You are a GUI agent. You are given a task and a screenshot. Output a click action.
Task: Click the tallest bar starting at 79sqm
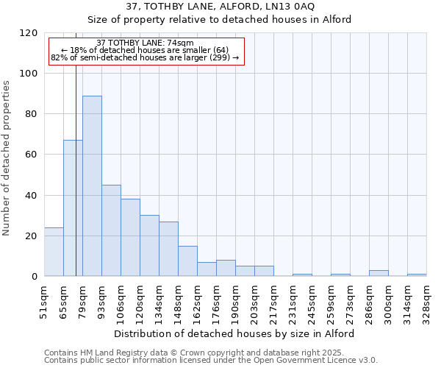tap(92, 185)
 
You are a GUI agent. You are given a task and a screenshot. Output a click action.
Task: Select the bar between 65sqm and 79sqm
tap(73, 208)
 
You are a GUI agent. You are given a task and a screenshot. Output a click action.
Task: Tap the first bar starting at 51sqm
tap(54, 252)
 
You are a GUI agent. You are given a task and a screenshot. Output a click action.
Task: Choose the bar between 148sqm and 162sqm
tap(187, 261)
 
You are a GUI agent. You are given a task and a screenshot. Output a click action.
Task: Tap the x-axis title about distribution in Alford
tap(234, 333)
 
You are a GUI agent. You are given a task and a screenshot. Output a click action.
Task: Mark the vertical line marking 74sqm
tap(76, 177)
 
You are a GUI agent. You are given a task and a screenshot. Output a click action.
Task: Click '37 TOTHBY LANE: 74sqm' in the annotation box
tap(145, 43)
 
